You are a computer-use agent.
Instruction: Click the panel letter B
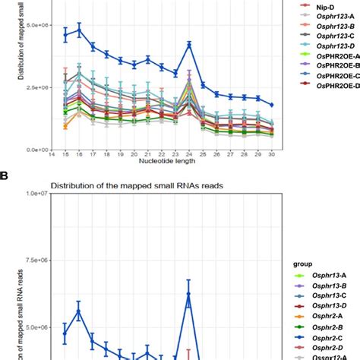5,175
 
